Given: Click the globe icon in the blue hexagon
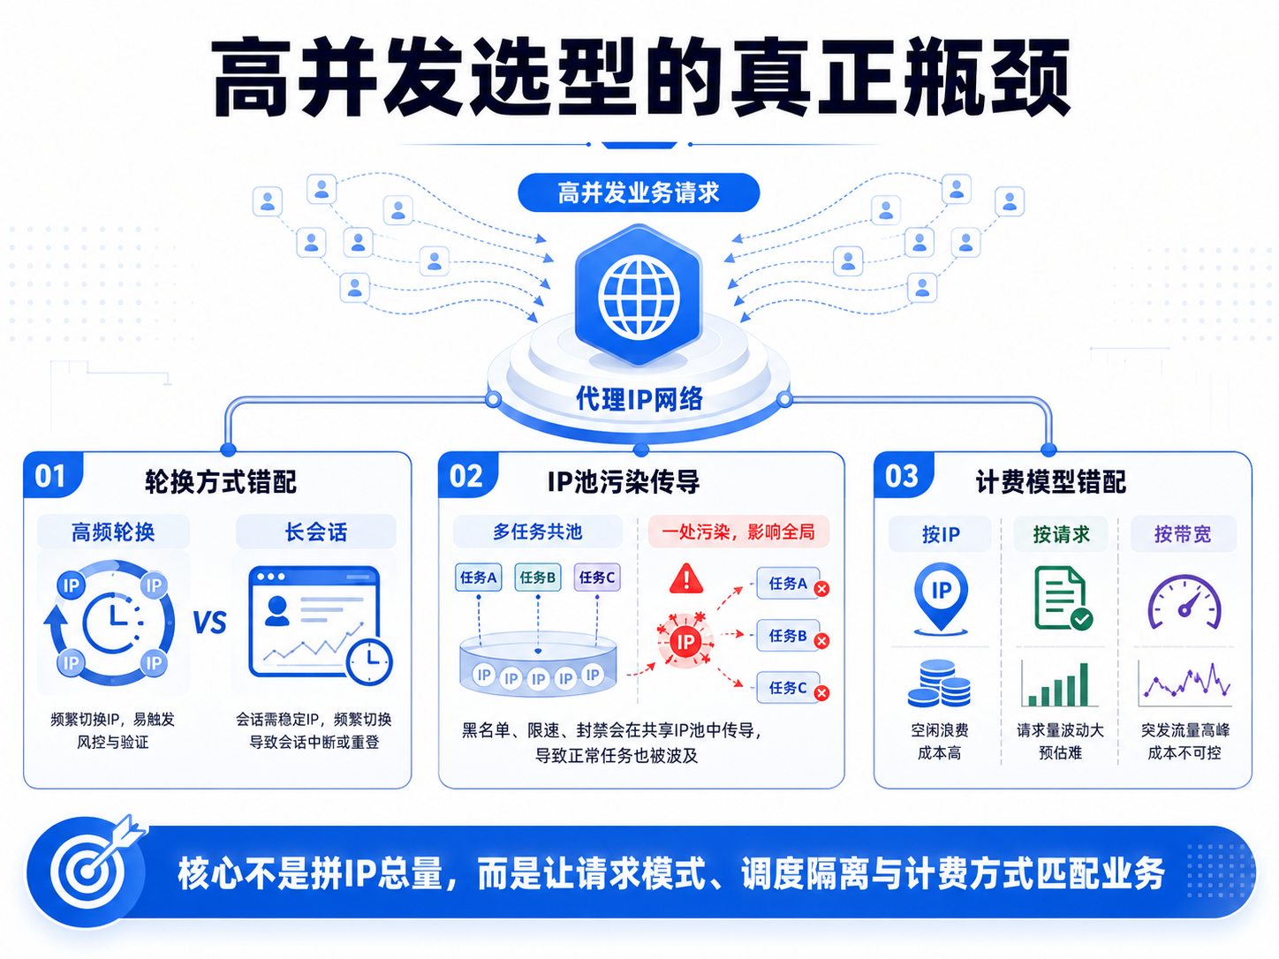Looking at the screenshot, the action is point(639,298).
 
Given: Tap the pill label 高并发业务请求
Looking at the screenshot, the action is point(639,193).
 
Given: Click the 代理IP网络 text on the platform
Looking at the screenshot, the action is point(639,399).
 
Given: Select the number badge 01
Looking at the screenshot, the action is point(51,476).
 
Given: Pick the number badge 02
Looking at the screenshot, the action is point(466,476).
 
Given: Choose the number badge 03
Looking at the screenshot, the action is point(902,476).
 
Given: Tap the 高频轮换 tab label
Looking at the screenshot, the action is point(113,532).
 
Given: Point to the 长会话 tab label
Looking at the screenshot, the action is point(316,532).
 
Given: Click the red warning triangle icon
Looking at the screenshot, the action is point(686,578).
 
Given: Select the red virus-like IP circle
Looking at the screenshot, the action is point(685,642).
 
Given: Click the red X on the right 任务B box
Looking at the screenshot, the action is point(821,641).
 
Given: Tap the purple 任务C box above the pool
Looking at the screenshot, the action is point(597,578).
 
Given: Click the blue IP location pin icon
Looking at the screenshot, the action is point(941,598).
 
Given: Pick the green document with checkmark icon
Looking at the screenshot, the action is point(1063,599).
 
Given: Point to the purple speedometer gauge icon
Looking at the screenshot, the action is point(1184,602).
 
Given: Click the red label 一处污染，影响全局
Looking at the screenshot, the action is point(738,532).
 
